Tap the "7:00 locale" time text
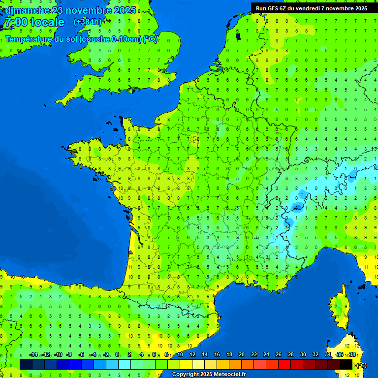click(34, 22)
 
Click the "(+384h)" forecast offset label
click(87, 22)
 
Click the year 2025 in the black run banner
click(357, 8)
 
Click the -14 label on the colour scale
click(33, 355)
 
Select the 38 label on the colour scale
click(352, 355)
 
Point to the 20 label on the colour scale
click(242, 355)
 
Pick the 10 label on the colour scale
click(180, 355)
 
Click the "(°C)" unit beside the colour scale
click(361, 365)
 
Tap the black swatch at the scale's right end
click(346, 364)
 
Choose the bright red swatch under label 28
click(285, 364)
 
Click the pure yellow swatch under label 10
click(186, 364)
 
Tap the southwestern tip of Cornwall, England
click(59, 101)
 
